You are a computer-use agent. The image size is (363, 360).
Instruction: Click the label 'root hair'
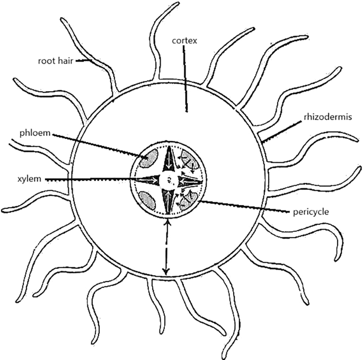[x=55, y=60]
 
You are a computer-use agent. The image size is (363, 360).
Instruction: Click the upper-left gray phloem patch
[x=148, y=158]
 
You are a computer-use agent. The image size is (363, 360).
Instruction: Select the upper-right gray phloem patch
[x=189, y=158]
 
